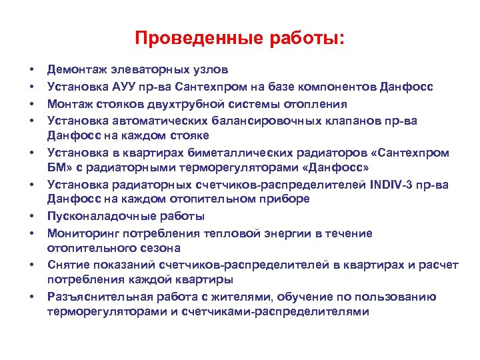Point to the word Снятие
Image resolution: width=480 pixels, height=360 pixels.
tap(67, 265)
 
